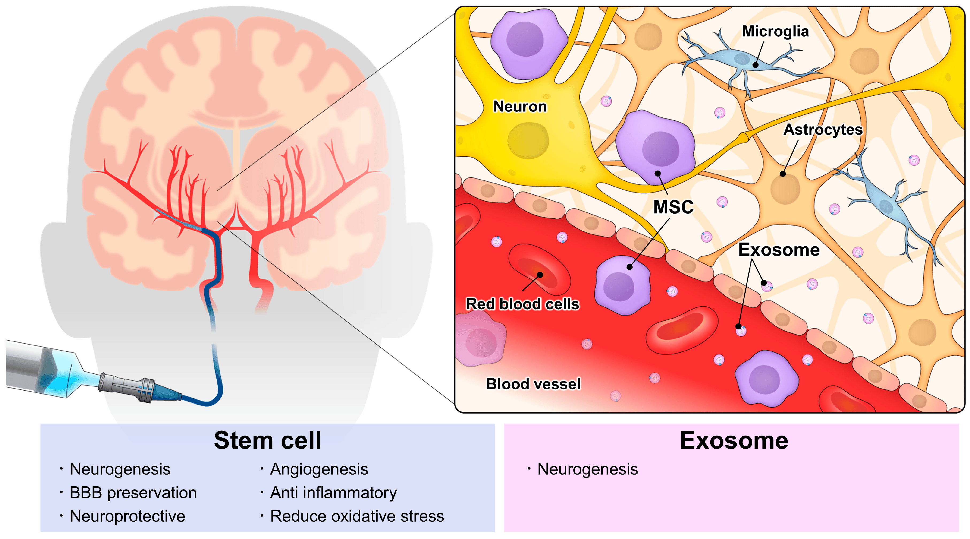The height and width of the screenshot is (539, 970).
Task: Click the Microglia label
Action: (x=775, y=31)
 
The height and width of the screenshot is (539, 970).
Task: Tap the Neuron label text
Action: (x=520, y=106)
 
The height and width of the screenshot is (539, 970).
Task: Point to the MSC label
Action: (x=673, y=207)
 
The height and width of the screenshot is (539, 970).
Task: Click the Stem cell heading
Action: (x=267, y=440)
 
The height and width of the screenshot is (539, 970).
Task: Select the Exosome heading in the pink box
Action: (x=734, y=440)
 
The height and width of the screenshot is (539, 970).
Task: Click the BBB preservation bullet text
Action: (x=133, y=493)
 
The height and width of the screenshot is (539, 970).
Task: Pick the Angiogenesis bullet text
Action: (x=319, y=469)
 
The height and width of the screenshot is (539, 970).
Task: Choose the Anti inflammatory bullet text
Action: (x=333, y=493)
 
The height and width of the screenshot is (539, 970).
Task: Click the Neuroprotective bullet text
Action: (x=127, y=516)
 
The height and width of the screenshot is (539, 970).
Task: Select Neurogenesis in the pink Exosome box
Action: (x=587, y=469)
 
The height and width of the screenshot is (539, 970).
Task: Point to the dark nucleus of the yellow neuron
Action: (x=528, y=140)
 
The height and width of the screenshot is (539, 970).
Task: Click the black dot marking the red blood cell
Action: (x=540, y=275)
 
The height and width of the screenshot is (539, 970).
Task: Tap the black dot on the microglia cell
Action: (x=755, y=65)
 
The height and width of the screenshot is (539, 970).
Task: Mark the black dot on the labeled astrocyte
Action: (x=783, y=174)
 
